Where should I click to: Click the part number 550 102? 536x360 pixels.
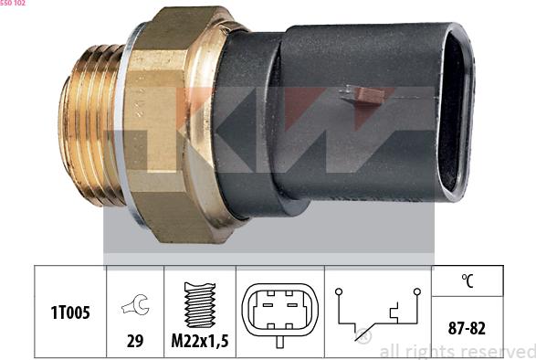coord(13,4)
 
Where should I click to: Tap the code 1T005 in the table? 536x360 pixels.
coord(70,312)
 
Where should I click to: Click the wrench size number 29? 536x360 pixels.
coord(135,341)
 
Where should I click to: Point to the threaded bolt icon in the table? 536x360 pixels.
coord(200,305)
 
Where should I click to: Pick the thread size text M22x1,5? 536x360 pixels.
coord(200,341)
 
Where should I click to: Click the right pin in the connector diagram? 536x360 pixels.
coord(293,305)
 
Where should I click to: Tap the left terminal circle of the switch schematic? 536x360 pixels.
coord(337,291)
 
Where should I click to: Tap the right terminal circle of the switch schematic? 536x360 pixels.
coord(416,291)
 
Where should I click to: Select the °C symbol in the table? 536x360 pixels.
coord(468,281)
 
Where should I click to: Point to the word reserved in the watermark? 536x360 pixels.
coord(499,351)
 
